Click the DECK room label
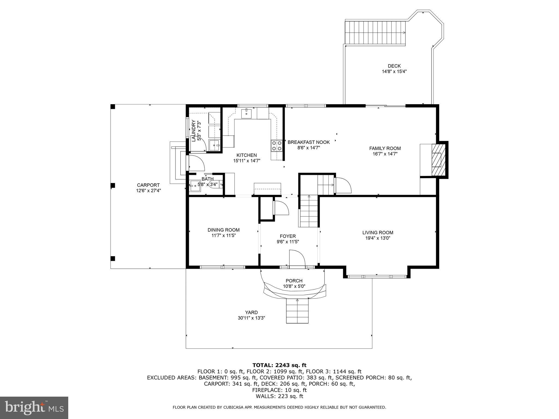pos(394,66)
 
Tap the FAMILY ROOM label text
pos(385,148)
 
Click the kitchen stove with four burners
pos(276,146)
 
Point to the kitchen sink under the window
pos(247,113)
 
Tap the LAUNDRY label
pos(194,131)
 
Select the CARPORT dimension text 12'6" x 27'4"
pos(148,191)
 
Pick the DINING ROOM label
pos(224,230)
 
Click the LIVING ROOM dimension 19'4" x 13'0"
pos(378,238)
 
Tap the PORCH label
pos(294,281)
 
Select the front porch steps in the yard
pos(297,311)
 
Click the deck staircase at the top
pos(375,33)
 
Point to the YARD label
pos(251,312)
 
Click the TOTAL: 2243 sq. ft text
pos(279,365)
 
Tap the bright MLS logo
pos(34,408)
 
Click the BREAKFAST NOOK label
pos(308,142)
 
